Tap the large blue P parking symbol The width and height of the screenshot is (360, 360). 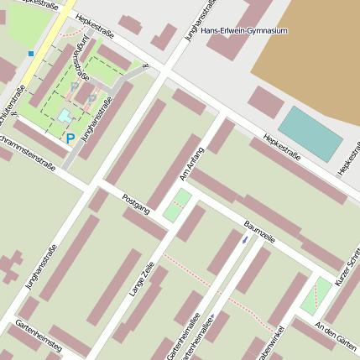(70, 139)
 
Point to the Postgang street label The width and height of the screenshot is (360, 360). (135, 203)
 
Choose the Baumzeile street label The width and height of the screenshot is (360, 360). (259, 232)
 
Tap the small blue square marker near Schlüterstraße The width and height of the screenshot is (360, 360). (31, 54)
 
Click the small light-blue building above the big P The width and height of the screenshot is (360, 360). (65, 116)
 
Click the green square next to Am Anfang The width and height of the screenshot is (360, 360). (177, 206)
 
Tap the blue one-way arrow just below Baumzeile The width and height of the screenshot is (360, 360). (244, 239)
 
